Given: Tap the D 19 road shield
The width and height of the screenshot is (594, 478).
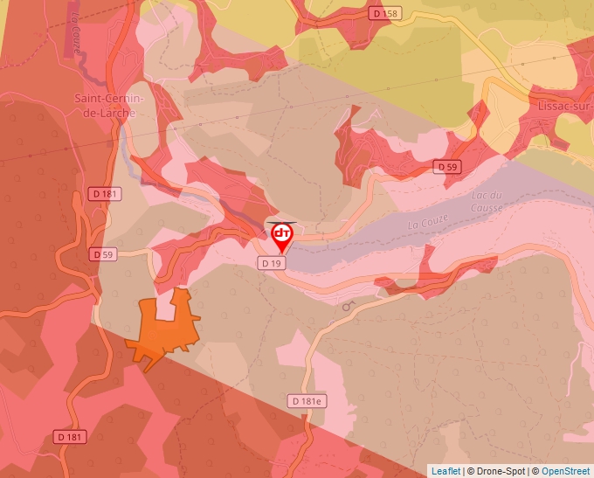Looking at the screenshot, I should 269,262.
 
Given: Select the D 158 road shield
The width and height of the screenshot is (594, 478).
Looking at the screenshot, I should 383,13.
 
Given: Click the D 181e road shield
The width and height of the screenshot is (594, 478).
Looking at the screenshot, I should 307,400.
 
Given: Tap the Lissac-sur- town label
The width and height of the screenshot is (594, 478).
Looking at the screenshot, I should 560,105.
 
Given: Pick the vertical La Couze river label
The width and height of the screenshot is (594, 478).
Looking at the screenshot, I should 76,36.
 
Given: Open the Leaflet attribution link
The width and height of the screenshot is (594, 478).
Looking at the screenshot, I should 445,471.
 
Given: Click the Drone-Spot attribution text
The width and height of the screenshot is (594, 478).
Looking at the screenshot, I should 498,471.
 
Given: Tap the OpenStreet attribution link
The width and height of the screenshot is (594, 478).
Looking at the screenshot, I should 565,471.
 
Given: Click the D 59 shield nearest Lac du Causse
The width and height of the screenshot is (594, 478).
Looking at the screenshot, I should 446,166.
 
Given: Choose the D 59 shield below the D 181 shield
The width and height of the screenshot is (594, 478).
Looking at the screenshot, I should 103,254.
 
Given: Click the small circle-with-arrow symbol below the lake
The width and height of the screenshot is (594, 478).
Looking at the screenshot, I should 349,306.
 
